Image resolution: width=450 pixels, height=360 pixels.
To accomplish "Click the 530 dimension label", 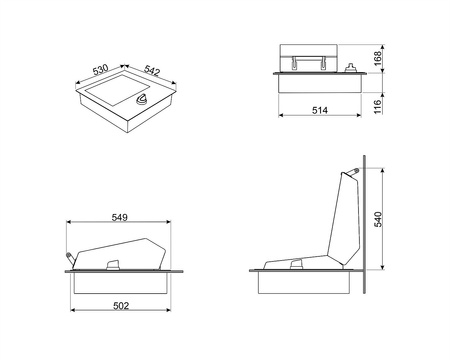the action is coord(100,70).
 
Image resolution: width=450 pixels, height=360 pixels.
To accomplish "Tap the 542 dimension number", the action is coord(152,70).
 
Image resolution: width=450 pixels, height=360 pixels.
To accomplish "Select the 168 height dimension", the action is coord(378,58).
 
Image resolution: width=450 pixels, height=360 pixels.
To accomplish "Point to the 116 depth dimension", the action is coord(378,107).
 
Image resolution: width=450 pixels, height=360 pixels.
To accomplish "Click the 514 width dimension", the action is coord(320,110).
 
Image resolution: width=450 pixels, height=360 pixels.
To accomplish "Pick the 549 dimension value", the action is coord(119,217).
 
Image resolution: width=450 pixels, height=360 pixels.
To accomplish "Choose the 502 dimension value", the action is coord(121,306).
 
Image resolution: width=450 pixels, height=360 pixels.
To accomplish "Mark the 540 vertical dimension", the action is coord(378,219).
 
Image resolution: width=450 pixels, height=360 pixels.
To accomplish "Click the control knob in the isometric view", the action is coord(142,100).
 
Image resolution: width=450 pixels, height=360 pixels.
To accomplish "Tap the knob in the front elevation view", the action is coord(351,68).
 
